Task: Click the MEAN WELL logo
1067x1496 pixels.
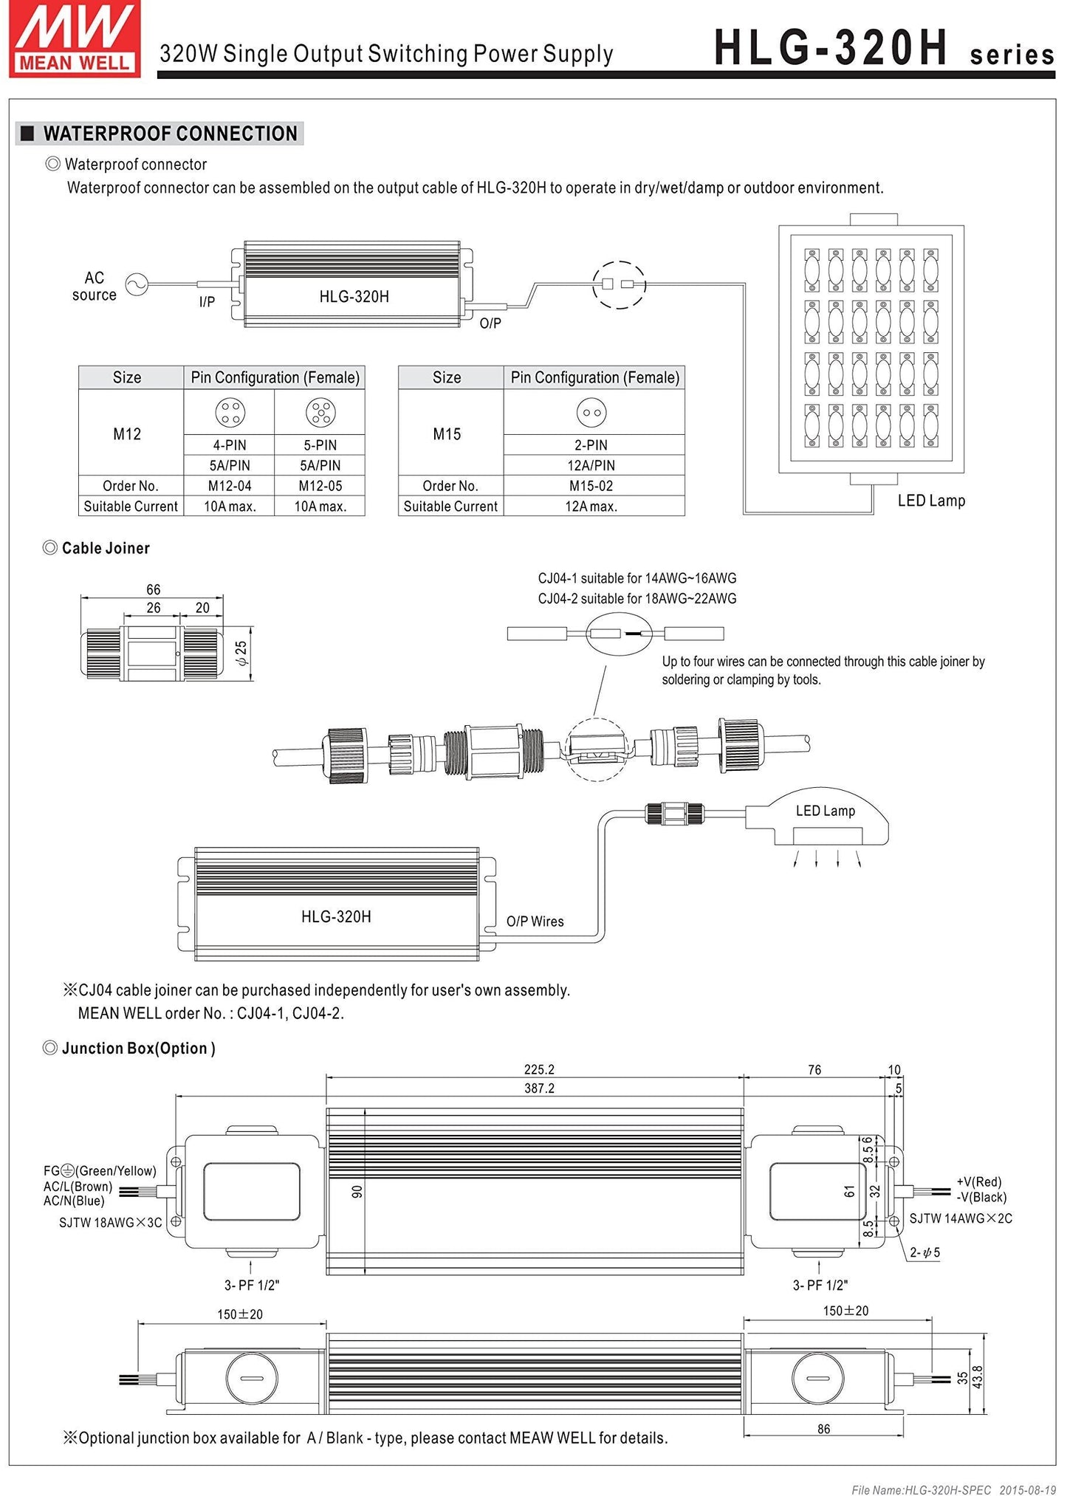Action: pos(75,38)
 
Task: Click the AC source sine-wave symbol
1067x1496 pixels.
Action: pos(137,284)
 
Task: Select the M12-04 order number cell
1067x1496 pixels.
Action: pos(229,486)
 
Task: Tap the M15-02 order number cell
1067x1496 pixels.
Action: pos(591,486)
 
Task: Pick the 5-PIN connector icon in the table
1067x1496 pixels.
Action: pos(320,412)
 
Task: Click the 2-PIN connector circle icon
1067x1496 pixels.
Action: pos(591,413)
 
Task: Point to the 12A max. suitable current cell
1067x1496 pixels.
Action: pos(591,507)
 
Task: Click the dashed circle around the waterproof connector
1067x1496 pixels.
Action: pos(619,284)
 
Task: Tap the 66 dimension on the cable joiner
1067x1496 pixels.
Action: pos(153,589)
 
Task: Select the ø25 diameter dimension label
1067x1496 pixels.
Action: pos(241,653)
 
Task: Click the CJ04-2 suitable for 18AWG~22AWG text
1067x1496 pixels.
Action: pos(637,599)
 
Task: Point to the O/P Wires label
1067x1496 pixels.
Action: pos(535,922)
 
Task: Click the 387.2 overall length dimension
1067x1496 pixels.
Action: pos(539,1088)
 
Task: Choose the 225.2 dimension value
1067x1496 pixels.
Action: pos(539,1069)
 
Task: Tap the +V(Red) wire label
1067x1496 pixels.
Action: pos(978,1182)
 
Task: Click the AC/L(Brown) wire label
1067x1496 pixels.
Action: pos(78,1187)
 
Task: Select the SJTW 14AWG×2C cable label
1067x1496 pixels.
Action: pos(960,1218)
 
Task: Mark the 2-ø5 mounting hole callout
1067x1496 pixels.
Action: pos(924,1252)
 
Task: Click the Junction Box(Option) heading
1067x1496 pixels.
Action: pos(138,1049)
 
